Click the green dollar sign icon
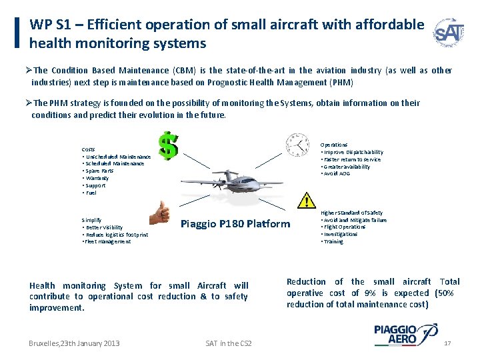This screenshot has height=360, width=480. tap(169, 145)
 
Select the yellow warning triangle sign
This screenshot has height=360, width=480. tap(306, 199)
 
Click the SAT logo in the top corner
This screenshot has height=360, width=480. tap(448, 33)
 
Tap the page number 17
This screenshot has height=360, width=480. tap(448, 343)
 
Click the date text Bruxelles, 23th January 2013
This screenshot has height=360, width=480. tap(74, 343)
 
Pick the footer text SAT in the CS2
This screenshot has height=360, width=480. tap(229, 343)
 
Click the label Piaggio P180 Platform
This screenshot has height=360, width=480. tap(235, 223)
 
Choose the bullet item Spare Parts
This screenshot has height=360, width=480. tap(99, 171)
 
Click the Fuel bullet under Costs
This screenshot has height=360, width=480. tap(91, 193)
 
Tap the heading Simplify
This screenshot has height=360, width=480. tap(91, 219)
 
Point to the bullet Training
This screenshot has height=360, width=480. tap(334, 241)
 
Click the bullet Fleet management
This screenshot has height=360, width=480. tap(107, 241)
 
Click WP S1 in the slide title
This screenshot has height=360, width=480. tap(46, 25)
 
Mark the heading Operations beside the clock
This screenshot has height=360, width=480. tap(334, 145)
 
